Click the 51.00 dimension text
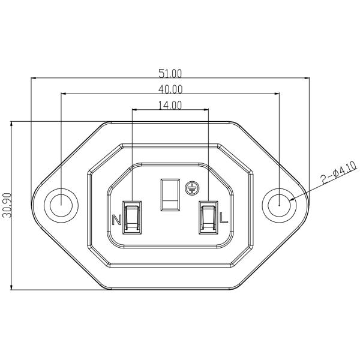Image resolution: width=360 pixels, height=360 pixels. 170,73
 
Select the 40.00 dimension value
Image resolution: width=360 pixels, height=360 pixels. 170,89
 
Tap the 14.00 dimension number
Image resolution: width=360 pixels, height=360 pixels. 170,105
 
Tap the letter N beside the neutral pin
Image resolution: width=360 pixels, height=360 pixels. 117,219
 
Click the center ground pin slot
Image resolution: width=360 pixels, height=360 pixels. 170,194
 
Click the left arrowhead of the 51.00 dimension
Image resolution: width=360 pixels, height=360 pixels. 34,78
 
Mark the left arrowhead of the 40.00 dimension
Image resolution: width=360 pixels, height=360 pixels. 64,94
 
